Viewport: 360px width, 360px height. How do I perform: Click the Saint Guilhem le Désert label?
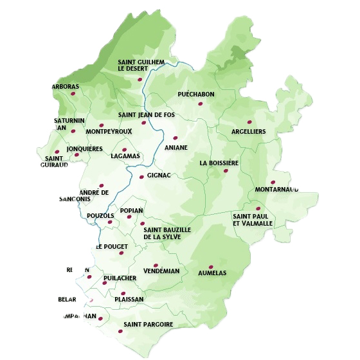click(x=141, y=65)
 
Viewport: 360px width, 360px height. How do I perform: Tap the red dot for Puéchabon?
click(x=201, y=104)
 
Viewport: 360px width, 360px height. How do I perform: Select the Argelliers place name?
click(x=248, y=132)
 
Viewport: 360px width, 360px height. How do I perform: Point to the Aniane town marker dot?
click(x=175, y=138)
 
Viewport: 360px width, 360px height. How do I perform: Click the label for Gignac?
click(x=159, y=175)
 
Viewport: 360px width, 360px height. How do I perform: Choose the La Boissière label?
click(x=219, y=163)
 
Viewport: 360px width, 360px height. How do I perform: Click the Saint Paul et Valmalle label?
click(x=253, y=220)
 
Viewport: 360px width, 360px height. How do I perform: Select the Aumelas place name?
click(x=213, y=273)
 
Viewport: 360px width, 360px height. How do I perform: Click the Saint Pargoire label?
click(x=148, y=325)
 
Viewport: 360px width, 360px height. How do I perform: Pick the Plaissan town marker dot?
click(x=123, y=293)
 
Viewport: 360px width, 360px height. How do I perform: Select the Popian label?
click(x=131, y=210)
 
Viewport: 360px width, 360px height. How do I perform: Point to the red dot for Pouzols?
click(x=110, y=222)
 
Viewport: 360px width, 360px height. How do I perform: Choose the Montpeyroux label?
click(x=108, y=132)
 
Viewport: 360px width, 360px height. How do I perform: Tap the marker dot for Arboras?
click(x=73, y=94)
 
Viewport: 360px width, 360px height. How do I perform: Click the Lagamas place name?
click(x=125, y=156)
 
